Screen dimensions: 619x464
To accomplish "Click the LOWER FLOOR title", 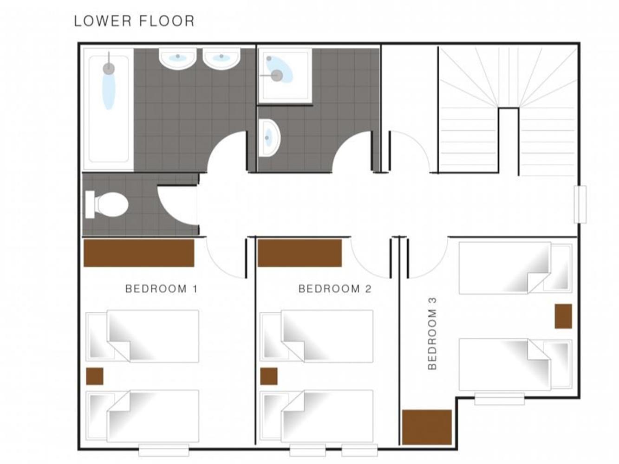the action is tap(134, 21).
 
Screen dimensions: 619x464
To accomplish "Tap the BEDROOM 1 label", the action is tap(162, 289).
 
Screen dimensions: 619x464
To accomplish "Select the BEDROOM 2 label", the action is tap(335, 289).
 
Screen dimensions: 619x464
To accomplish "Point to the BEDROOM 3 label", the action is tap(432, 334).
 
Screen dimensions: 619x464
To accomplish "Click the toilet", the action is tap(107, 205).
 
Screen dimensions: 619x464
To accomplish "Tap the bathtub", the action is tap(109, 110).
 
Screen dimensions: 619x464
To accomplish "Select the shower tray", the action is tap(285, 76).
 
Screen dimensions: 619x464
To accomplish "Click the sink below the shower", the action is tap(269, 138).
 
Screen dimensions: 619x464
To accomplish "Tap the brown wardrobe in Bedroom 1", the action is tap(139, 253).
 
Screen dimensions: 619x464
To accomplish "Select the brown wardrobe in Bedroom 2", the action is tap(300, 253).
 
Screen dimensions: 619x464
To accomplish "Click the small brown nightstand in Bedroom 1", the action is tap(95, 376).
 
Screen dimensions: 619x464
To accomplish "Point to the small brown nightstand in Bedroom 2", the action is tap(269, 376).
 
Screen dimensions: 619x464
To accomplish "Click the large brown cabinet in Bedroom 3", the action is tap(427, 427).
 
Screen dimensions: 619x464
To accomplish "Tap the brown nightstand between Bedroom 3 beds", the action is tap(563, 316).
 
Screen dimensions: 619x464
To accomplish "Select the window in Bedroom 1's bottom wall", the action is tap(164, 450).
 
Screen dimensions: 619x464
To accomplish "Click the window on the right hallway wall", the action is tap(580, 205).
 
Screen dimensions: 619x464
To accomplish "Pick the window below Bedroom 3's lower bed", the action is tap(500, 399).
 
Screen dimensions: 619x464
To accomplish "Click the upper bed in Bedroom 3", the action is tap(515, 268).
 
